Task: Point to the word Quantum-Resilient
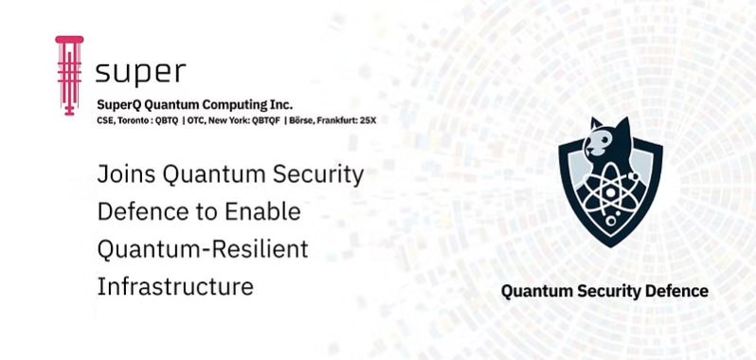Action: point(204,248)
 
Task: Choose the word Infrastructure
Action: point(175,285)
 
